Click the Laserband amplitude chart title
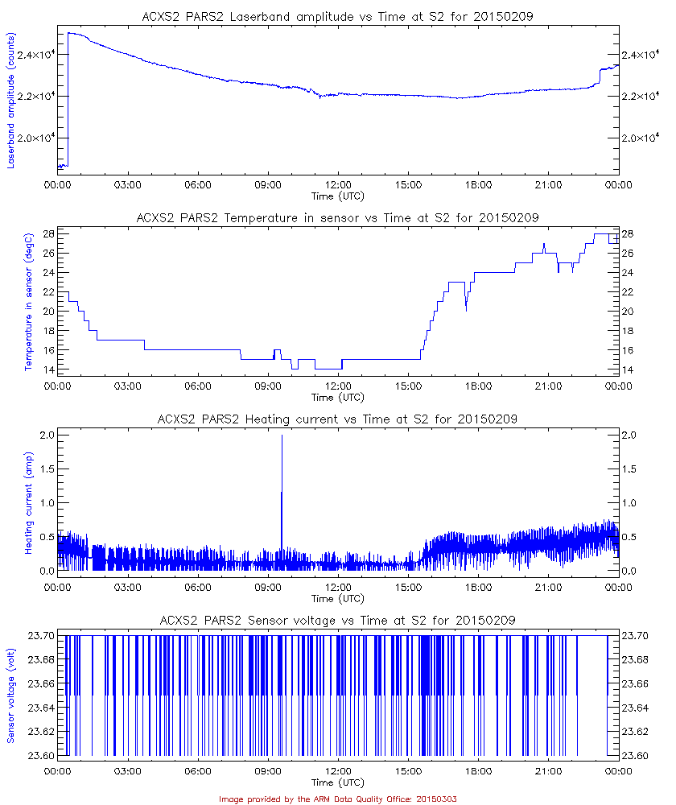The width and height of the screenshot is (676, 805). tap(337, 16)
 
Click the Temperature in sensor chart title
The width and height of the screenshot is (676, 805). tap(337, 217)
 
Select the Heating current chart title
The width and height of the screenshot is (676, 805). tap(337, 419)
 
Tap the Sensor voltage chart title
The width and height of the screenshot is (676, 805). tap(337, 620)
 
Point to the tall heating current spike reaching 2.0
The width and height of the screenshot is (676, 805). tap(282, 439)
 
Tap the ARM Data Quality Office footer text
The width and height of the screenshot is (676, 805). tap(337, 799)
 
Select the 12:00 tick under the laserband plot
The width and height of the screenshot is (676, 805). tap(337, 185)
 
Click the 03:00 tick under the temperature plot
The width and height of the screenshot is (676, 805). tap(127, 386)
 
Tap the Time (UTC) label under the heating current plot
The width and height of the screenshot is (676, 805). tap(337, 598)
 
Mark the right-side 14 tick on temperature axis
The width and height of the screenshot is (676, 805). tap(629, 369)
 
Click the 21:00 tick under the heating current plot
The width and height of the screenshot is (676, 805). tap(548, 588)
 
